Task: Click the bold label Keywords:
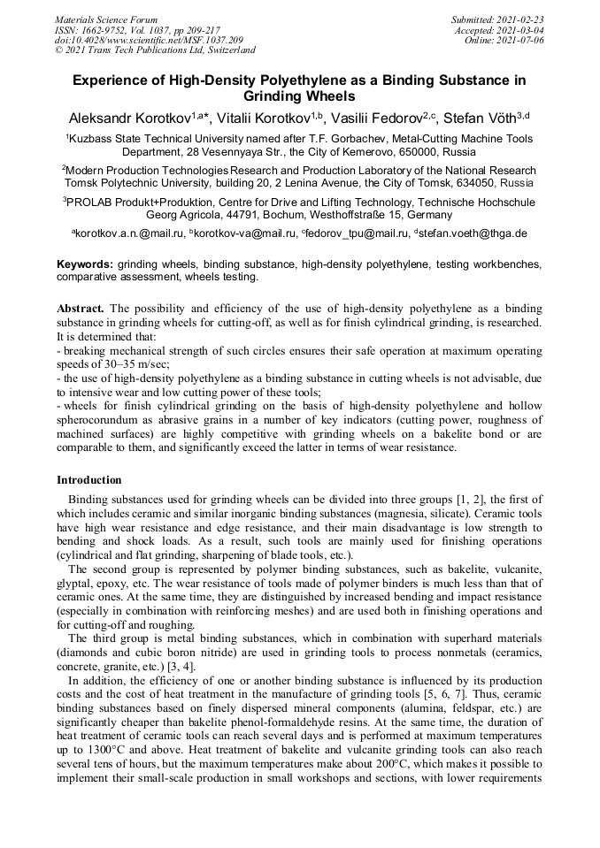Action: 85,264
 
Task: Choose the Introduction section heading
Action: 89,480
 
